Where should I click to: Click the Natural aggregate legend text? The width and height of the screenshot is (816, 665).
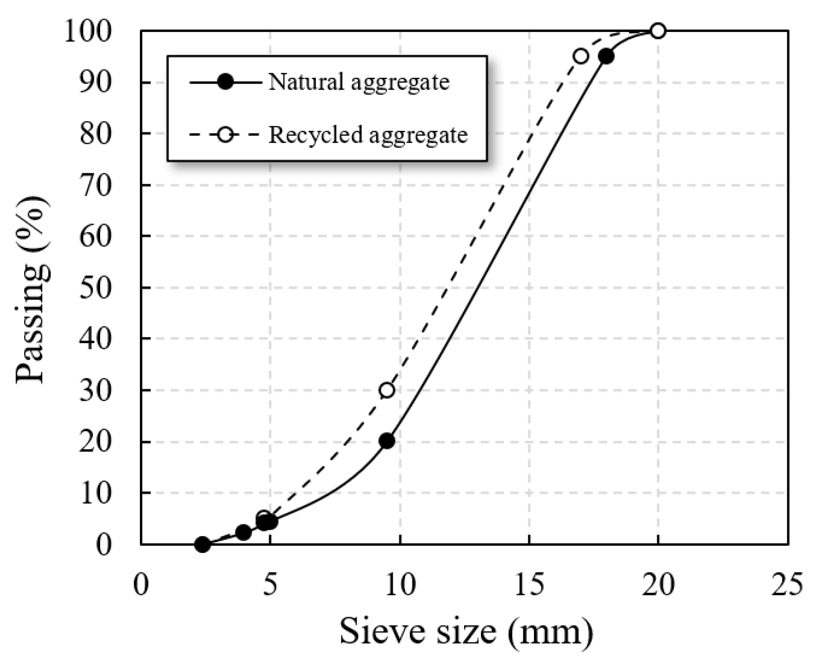point(359,82)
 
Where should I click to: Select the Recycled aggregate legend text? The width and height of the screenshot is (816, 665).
point(368,135)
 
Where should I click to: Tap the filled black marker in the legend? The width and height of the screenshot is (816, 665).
point(225,83)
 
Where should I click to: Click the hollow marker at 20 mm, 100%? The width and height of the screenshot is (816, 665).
point(657,31)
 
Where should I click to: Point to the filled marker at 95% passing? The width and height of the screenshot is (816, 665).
point(606,57)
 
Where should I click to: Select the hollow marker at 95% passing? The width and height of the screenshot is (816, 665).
point(581,56)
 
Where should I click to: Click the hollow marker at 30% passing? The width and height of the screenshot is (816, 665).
point(387,390)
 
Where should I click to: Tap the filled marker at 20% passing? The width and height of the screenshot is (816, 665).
point(387,441)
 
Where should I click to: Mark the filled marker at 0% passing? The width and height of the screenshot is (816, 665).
point(202,544)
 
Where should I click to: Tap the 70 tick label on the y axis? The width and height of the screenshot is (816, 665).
point(95,185)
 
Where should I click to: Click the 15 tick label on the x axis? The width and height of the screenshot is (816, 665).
point(529,585)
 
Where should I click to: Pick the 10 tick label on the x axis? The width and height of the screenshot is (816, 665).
point(400,585)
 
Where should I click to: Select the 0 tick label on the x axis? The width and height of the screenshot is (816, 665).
point(141,585)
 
